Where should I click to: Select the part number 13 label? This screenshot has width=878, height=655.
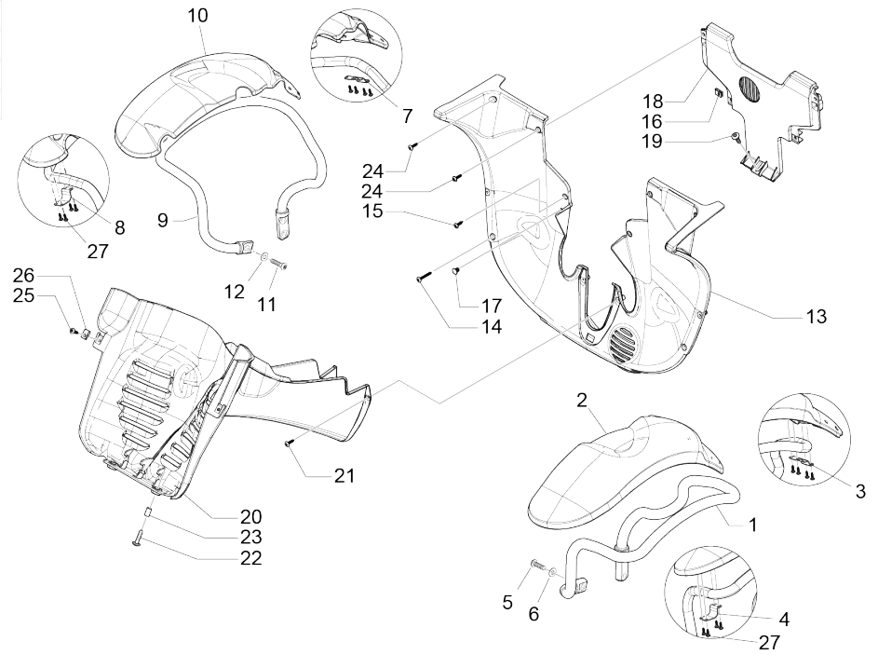(x=816, y=317)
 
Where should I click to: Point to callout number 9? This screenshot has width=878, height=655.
(x=163, y=222)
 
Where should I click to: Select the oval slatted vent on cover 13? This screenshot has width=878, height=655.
(x=623, y=351)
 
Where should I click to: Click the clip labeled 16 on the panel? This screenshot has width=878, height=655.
(x=719, y=92)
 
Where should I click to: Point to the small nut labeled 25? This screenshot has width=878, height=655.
(x=74, y=331)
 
